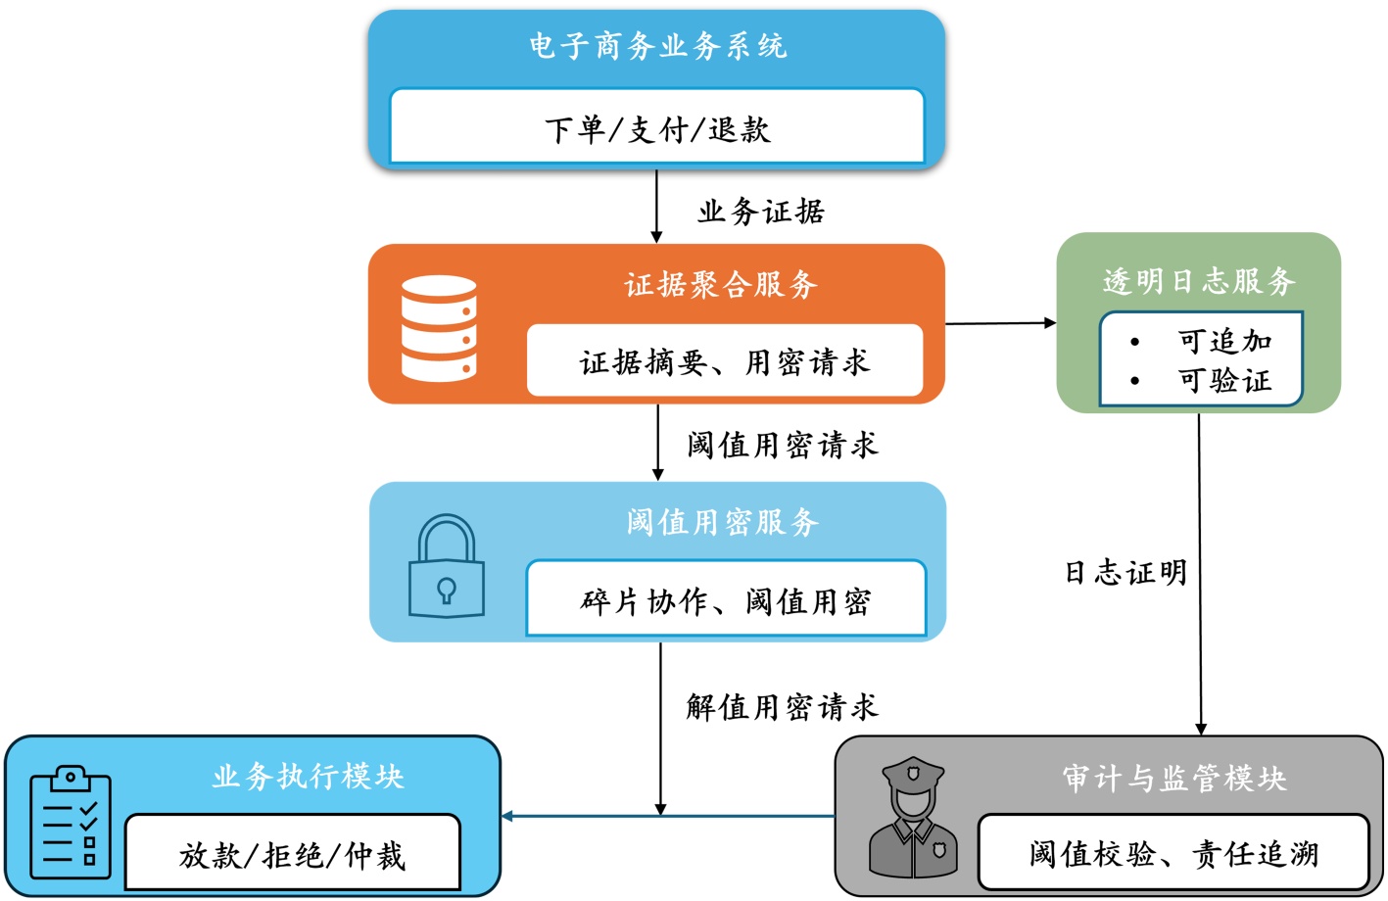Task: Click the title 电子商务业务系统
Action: coord(657,46)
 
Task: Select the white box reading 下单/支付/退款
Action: coord(657,128)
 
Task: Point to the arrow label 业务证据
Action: coord(761,212)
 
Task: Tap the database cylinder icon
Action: coord(439,328)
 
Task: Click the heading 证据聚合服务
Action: coord(721,285)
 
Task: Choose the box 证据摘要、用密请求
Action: coord(725,362)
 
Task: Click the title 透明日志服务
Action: coord(1199,282)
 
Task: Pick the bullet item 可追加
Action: coord(1224,342)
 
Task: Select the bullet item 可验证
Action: coord(1224,380)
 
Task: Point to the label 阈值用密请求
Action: coord(783,446)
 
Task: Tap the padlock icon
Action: coord(447,567)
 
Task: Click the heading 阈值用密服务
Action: coord(723,522)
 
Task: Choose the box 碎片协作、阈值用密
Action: coord(726,600)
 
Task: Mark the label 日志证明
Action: coord(1125,573)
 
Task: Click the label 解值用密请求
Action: coord(783,706)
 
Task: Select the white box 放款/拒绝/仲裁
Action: coord(292,855)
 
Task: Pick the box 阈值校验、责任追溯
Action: coord(1173,854)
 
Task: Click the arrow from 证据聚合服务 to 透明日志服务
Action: coord(1000,323)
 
